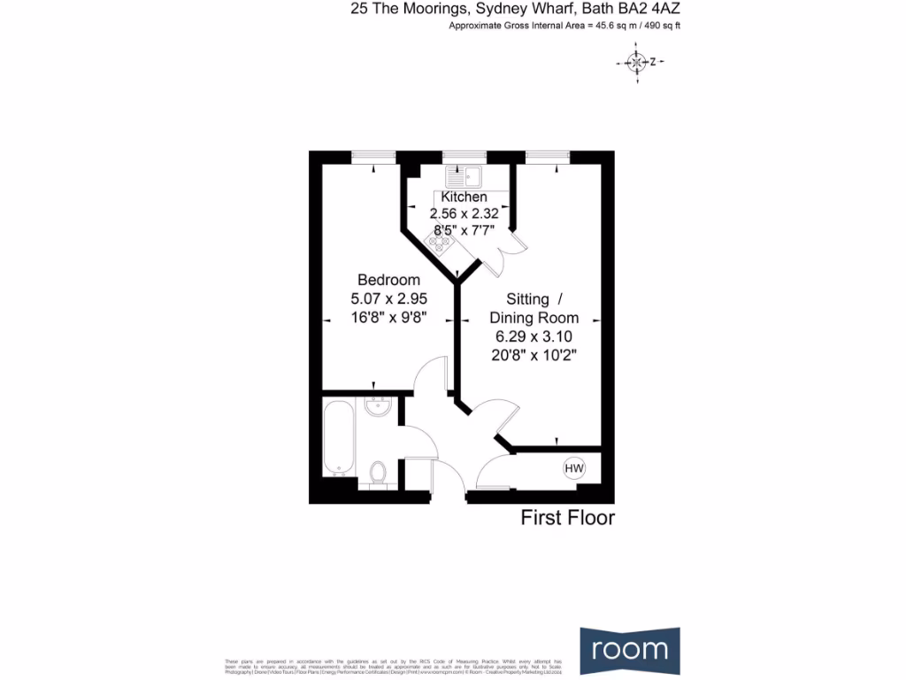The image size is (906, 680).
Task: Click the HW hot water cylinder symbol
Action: coord(573,467)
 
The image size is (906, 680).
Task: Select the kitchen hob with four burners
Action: coord(441,240)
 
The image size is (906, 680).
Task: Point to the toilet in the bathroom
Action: coord(378,473)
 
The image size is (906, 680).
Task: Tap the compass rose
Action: coord(636,62)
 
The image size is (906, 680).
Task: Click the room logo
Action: coord(630,649)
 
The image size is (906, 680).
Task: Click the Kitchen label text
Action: coord(464,197)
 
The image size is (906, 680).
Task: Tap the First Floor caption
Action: coord(567,518)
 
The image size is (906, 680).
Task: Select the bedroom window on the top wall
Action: coord(372,157)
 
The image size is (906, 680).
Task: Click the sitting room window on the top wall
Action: coord(547,157)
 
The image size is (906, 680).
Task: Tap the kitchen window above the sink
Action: coord(465,157)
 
